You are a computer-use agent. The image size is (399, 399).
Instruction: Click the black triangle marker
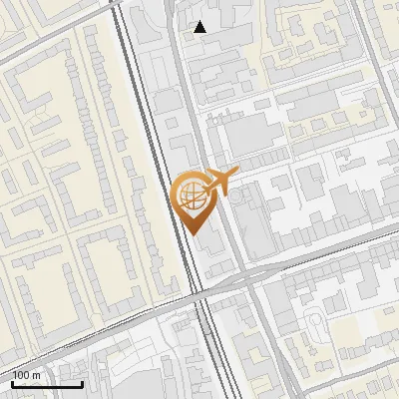(200, 27)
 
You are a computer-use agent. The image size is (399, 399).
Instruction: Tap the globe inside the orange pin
(191, 196)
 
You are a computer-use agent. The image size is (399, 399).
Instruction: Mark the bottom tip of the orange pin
(192, 234)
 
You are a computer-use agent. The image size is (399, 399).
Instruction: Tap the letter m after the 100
(37, 375)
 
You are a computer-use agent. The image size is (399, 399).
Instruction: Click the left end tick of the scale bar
(11, 382)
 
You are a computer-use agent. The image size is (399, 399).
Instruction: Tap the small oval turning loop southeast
(318, 324)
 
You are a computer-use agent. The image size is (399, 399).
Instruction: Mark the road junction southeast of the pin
(245, 275)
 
